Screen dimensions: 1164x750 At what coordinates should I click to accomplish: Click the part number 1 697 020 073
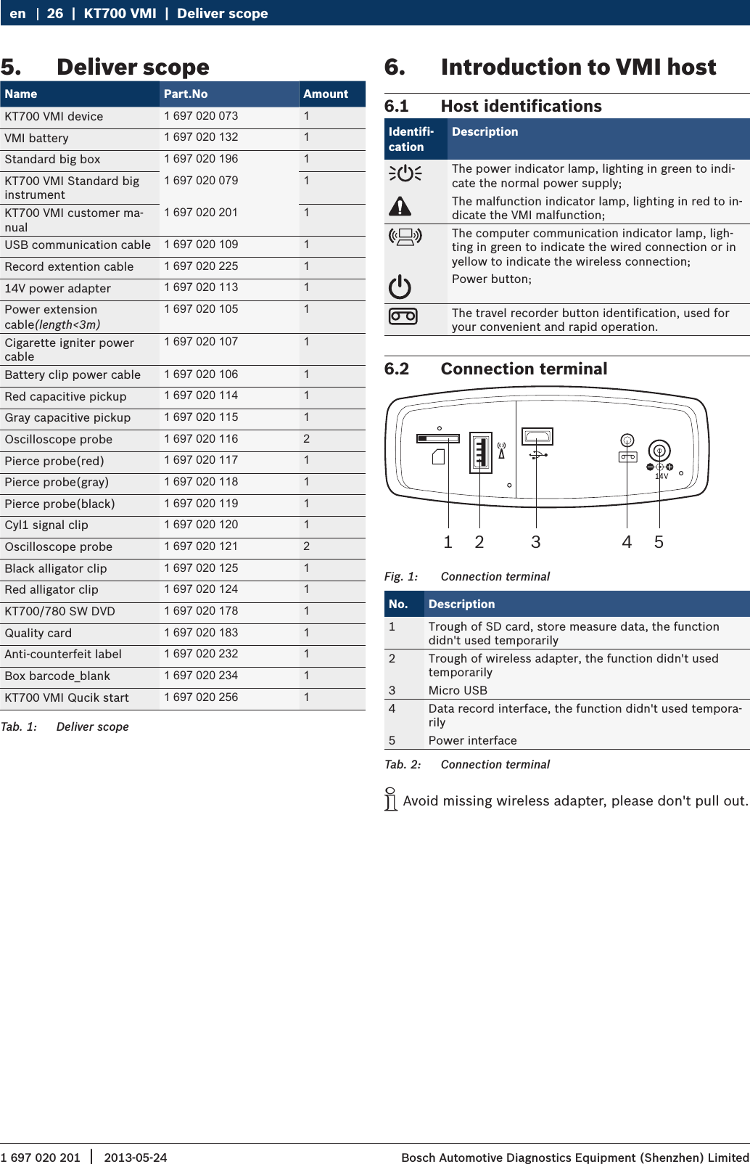tap(201, 116)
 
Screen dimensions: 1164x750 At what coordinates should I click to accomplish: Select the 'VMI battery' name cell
tap(36, 138)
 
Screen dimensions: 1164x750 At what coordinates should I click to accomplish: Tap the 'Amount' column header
tap(326, 94)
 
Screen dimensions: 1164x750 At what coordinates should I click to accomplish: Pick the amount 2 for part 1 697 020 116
tap(306, 439)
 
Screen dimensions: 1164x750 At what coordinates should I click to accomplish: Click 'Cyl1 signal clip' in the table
tap(46, 525)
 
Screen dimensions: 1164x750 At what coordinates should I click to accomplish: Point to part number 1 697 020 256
tap(201, 697)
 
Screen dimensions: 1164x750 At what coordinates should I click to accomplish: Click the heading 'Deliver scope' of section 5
tap(133, 67)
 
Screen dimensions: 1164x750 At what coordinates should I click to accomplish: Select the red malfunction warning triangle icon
tap(400, 207)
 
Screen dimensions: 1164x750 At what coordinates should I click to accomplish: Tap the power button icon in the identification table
tap(400, 287)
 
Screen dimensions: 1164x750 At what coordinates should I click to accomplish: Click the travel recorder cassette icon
tap(403, 316)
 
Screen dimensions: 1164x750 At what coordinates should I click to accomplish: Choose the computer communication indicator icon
tap(405, 237)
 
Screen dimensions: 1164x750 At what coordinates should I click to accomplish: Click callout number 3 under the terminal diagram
tap(536, 542)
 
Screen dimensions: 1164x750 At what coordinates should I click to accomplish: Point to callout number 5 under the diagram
tap(659, 542)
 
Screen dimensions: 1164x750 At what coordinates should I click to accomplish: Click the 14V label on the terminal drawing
tap(662, 477)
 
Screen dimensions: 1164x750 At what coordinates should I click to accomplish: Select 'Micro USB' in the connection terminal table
tap(458, 690)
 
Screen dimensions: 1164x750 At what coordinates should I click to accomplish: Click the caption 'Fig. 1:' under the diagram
tap(401, 576)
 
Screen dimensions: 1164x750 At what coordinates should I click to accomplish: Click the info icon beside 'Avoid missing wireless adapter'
tap(391, 799)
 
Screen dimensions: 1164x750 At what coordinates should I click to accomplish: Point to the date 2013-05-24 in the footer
tap(136, 1157)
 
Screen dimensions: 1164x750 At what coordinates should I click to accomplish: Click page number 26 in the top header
tap(55, 14)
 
